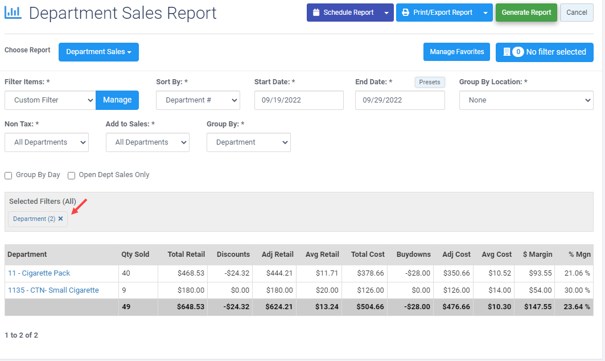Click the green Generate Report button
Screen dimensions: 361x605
pyautogui.click(x=526, y=13)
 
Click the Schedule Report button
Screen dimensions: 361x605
pyautogui.click(x=343, y=13)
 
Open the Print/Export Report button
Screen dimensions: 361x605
pyautogui.click(x=437, y=13)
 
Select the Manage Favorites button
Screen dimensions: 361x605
pyautogui.click(x=456, y=52)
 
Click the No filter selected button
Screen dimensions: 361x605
pyautogui.click(x=544, y=52)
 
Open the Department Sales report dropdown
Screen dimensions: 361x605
pyautogui.click(x=98, y=52)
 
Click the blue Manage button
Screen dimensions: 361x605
pyautogui.click(x=117, y=100)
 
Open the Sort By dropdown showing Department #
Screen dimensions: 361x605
pyautogui.click(x=197, y=100)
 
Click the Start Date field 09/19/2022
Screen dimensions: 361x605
pyautogui.click(x=298, y=100)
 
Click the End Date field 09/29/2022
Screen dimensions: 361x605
pyautogui.click(x=400, y=100)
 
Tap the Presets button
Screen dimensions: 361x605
pyautogui.click(x=429, y=82)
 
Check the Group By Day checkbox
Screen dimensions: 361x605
pyautogui.click(x=9, y=175)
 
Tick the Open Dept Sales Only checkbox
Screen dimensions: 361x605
pyautogui.click(x=72, y=175)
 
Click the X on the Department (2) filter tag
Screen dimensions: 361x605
pyautogui.click(x=61, y=219)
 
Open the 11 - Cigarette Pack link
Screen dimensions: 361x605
pyautogui.click(x=39, y=273)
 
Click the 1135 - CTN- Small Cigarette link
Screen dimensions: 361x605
pyautogui.click(x=53, y=290)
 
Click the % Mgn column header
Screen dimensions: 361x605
pyautogui.click(x=579, y=255)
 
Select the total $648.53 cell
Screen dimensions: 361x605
pyautogui.click(x=186, y=307)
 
